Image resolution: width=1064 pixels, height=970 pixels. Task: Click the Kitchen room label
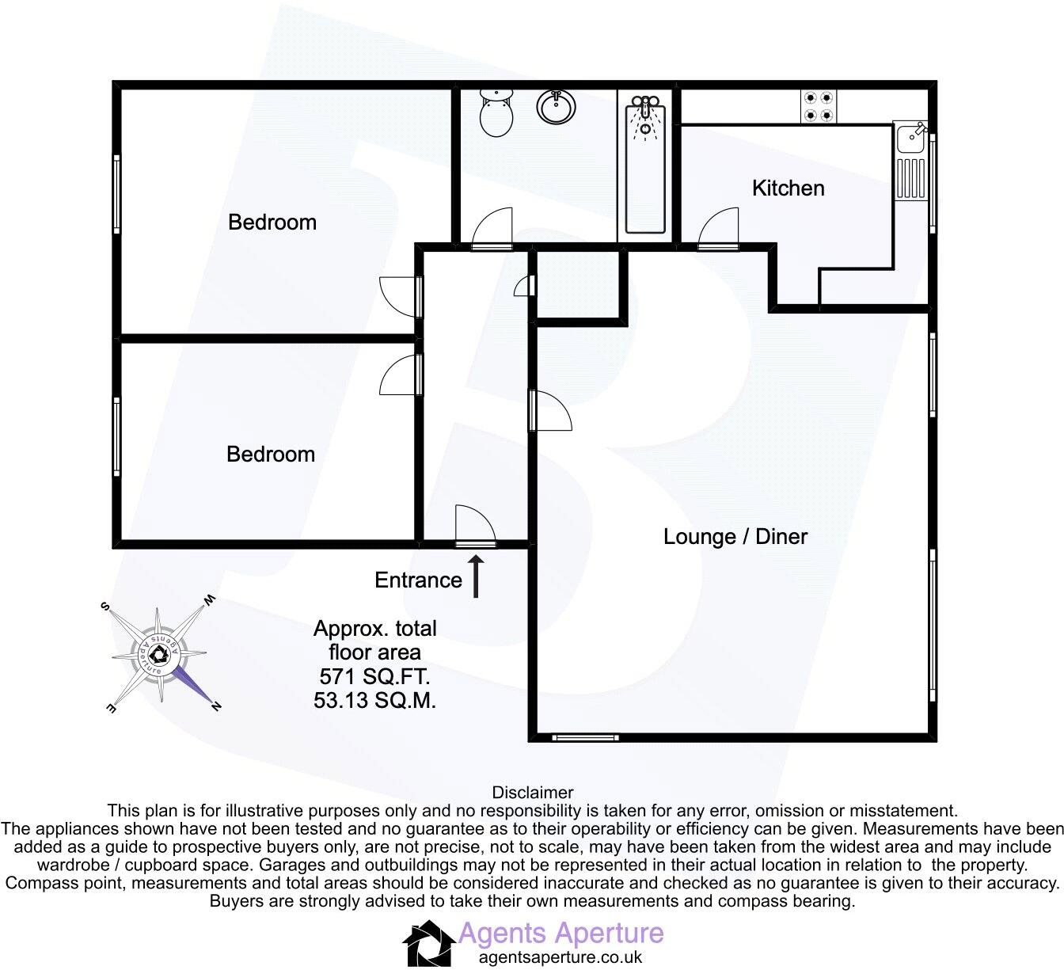coord(788,188)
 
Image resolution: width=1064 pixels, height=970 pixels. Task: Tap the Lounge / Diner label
coord(735,537)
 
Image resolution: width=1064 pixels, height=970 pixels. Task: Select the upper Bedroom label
coord(272,223)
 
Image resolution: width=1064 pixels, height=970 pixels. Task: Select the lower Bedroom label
coord(270,455)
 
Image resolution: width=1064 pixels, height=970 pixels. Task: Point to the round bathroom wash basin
coord(556,106)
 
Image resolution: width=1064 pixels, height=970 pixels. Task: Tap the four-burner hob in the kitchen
coord(818,106)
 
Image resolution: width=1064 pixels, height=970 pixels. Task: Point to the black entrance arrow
coord(477,576)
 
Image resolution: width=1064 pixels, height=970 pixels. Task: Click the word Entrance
coord(418,580)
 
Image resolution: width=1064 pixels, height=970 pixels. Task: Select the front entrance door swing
coord(474,526)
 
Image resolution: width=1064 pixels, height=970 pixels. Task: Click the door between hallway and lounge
coord(551,411)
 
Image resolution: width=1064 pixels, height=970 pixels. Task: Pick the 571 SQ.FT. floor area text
coord(374,677)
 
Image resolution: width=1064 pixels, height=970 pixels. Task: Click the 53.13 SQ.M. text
coord(374,701)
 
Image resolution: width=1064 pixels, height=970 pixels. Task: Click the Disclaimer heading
coord(532,793)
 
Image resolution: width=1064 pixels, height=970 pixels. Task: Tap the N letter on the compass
coord(216,706)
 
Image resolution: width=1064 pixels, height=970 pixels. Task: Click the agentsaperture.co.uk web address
coord(560,957)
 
